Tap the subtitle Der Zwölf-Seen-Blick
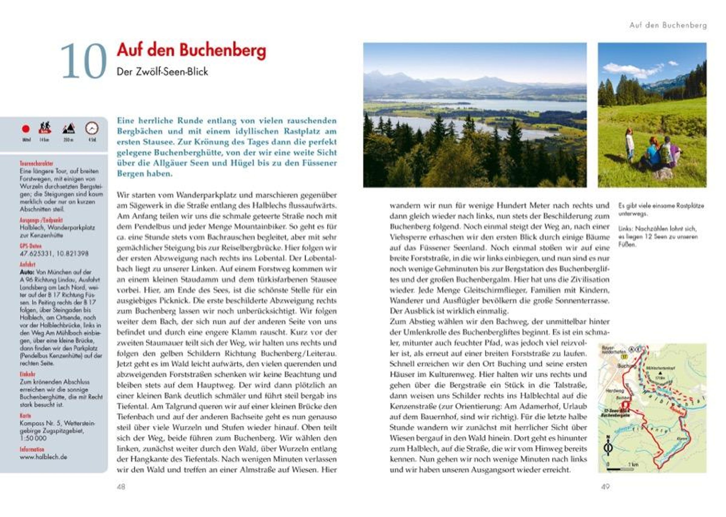tap(162, 72)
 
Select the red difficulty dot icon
tap(26, 129)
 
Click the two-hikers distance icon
tap(45, 128)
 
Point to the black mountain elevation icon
tap(68, 128)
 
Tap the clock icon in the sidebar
tap(92, 128)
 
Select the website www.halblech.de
tap(43, 457)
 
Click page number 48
tap(121, 487)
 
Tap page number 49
tap(605, 487)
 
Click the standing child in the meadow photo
tap(629, 144)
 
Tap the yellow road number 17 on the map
tap(624, 357)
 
